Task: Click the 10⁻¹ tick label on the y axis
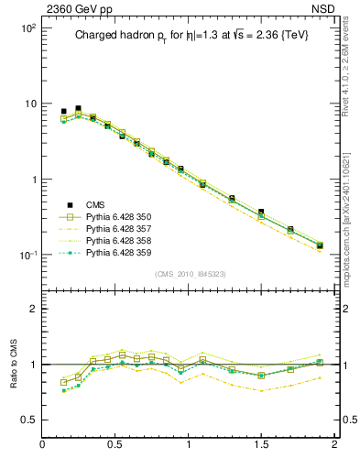point(26,255)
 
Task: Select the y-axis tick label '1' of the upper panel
point(30,180)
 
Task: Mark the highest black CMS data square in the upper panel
point(78,108)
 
